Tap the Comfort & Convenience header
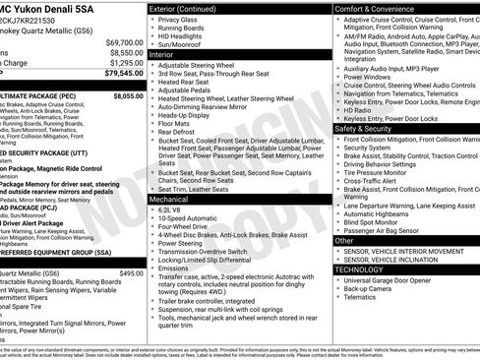(x=380, y=7)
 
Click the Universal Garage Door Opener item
(x=397, y=280)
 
